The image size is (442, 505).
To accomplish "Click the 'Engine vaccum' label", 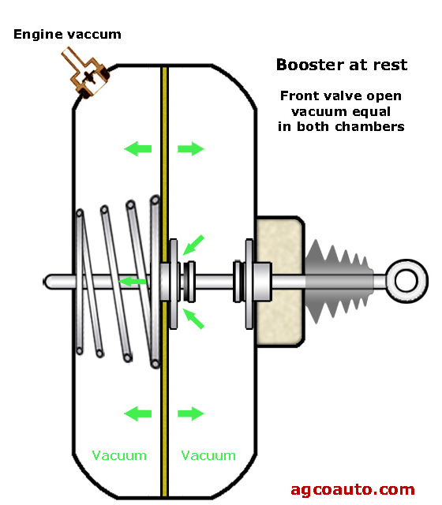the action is (67, 35).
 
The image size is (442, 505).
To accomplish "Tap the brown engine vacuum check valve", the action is (86, 73).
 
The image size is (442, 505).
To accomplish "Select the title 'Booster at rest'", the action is (342, 65).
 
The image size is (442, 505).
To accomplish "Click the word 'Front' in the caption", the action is (300, 95).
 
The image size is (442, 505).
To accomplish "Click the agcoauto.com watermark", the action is (353, 490).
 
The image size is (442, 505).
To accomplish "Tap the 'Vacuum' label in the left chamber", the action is (119, 455).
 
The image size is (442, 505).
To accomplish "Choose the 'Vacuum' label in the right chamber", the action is (208, 455).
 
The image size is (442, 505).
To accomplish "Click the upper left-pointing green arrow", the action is (138, 149).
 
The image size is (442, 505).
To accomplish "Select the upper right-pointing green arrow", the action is (191, 149).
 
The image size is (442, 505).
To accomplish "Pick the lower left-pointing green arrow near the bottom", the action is (138, 413).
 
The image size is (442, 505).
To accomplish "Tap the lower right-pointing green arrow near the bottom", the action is (191, 413).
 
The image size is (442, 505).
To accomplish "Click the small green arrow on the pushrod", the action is (133, 282).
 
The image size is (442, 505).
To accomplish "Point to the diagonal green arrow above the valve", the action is (193, 245).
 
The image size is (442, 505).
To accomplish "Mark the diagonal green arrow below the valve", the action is (193, 319).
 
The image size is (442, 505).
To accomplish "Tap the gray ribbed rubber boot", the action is (339, 281).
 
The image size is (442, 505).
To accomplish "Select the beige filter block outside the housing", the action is (279, 281).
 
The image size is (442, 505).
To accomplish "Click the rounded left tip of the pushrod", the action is (46, 282).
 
